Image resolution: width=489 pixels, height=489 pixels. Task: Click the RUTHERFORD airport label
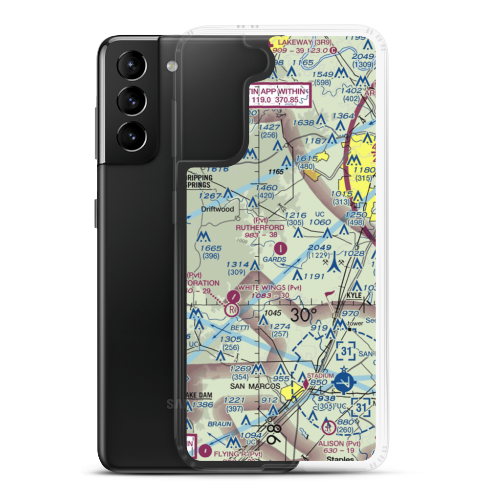click(x=260, y=227)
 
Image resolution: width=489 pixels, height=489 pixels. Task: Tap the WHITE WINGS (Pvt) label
click(x=273, y=288)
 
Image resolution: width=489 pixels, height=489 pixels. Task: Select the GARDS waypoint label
click(x=274, y=259)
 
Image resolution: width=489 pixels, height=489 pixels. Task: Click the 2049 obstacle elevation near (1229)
click(x=320, y=248)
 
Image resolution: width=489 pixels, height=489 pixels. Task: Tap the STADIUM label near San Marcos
click(x=320, y=375)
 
